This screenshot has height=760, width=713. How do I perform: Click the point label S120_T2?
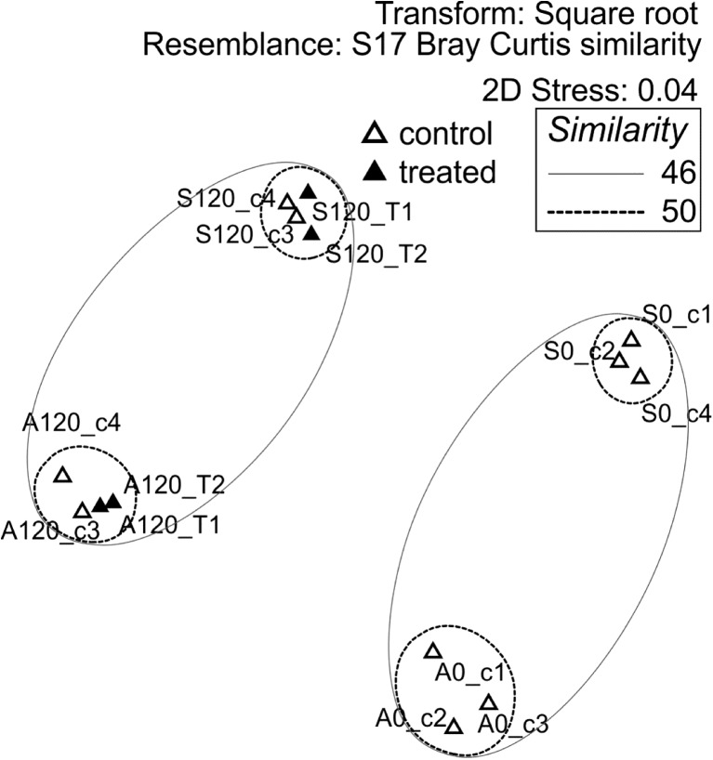point(377,255)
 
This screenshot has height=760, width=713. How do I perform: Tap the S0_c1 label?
point(678,314)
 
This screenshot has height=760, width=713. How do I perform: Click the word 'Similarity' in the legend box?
point(617,132)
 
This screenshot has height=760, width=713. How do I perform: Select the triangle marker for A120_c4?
point(62,476)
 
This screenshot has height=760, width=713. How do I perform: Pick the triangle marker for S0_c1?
point(631,340)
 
